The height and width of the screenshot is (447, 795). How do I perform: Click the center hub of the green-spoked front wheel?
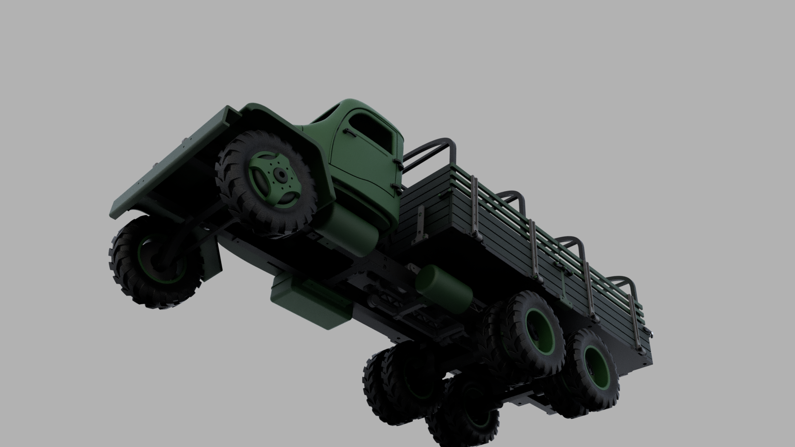pyautogui.click(x=282, y=175)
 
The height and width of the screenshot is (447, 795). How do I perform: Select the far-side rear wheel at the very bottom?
pyautogui.click(x=464, y=410)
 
